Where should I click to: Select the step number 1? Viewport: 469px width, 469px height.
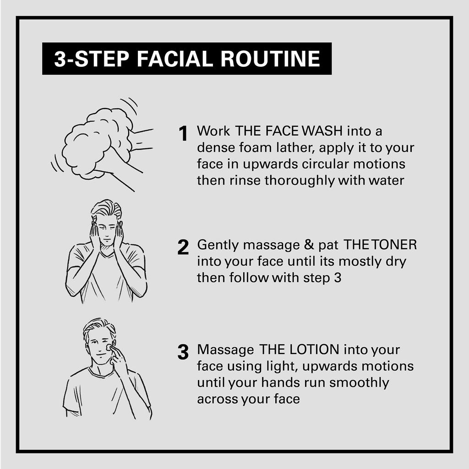point(183,134)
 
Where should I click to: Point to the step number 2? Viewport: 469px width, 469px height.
point(183,247)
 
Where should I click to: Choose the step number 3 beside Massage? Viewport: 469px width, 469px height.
point(183,352)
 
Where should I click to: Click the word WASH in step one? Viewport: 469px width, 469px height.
point(323,131)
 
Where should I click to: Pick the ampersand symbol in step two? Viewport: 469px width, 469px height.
point(309,245)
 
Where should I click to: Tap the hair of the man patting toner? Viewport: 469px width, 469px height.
point(106,210)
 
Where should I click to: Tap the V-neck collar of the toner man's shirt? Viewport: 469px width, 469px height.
point(107,253)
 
